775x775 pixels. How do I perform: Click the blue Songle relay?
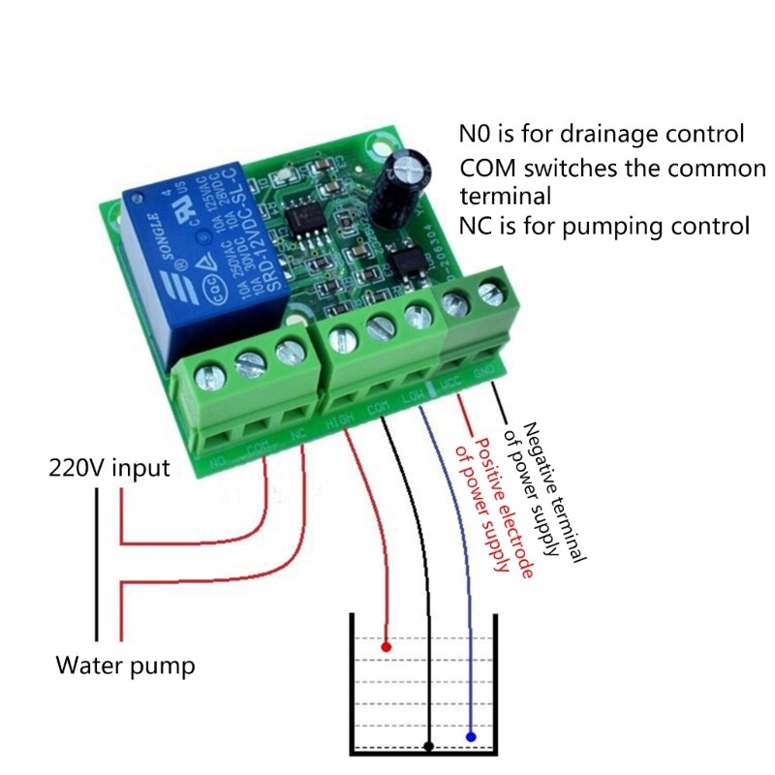208,257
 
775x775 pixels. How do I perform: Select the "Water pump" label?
124,666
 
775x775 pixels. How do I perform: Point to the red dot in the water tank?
386,645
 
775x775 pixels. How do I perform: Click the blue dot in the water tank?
471,737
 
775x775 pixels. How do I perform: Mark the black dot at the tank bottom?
428,746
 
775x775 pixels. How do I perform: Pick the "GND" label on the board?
484,374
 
